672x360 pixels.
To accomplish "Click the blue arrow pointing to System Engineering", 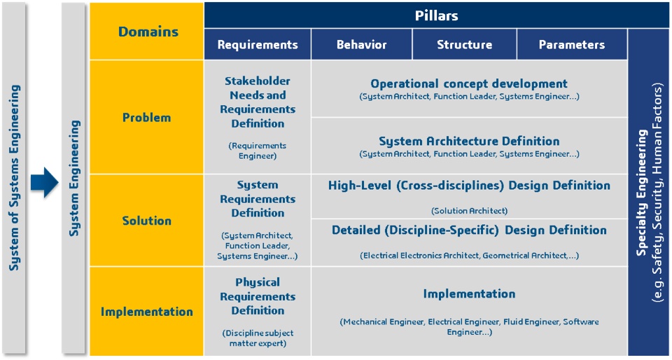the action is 44,181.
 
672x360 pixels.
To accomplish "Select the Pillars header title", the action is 436,16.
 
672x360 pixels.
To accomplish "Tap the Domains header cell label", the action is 148,32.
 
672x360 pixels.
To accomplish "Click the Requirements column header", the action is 258,45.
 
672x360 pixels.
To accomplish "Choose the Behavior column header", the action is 362,45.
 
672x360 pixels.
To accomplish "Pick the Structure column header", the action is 465,45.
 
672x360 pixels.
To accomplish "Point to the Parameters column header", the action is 572,45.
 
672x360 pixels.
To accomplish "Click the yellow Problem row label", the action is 146,118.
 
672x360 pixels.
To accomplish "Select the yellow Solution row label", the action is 146,221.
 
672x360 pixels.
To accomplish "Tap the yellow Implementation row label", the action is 146,312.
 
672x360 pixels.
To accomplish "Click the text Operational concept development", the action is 469,83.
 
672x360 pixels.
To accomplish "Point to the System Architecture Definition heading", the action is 469,141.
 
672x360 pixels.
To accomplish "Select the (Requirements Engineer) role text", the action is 258,151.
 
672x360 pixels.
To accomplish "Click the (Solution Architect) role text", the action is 469,211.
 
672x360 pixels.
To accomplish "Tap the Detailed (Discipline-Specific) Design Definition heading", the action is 469,230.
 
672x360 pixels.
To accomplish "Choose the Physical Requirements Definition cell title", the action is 258,296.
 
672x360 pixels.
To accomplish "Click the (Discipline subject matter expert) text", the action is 258,338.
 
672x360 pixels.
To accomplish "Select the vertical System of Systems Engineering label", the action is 14,178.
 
